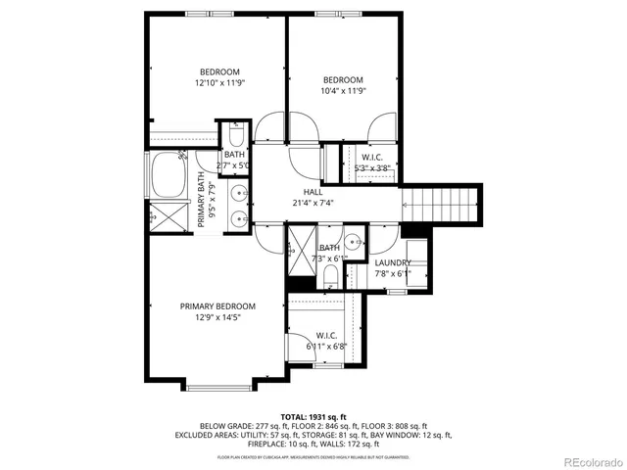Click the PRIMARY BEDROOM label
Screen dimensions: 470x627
(217, 305)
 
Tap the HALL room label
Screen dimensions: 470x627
(313, 192)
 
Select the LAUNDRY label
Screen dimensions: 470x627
(392, 262)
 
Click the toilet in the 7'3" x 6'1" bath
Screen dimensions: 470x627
(330, 275)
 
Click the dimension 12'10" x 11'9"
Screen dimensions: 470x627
(219, 83)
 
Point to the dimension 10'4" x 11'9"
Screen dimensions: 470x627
(343, 92)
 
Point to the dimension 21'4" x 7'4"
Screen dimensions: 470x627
(313, 204)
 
